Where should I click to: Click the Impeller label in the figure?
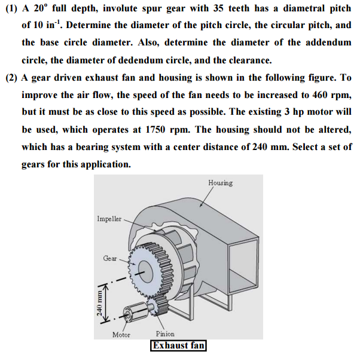coord(109,219)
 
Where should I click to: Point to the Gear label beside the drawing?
coord(110,259)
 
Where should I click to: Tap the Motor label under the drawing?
coord(121,335)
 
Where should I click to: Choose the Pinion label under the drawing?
coord(164,335)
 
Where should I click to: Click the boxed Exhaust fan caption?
coord(179,346)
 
